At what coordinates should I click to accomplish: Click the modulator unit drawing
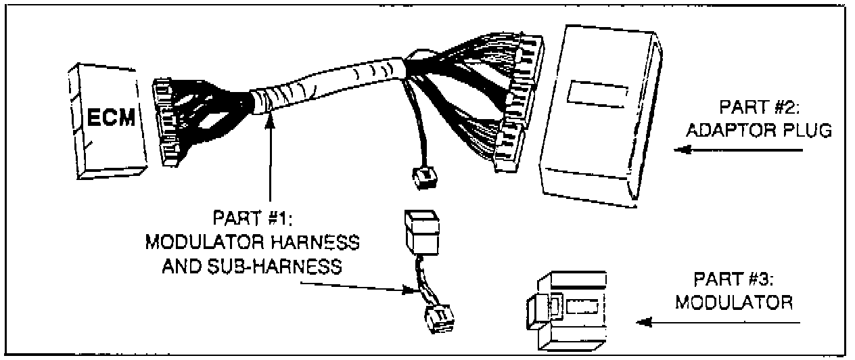click(565, 310)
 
